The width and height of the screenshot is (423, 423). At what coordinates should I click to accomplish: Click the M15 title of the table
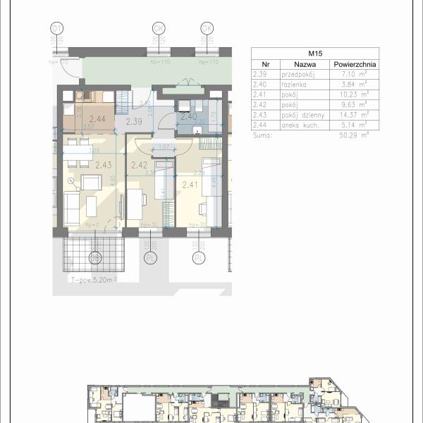point(314,53)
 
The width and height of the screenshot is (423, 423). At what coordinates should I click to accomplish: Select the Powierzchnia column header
point(354,63)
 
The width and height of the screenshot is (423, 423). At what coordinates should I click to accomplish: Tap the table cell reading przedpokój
point(296,73)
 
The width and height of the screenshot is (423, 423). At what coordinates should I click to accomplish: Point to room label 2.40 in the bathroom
point(188,117)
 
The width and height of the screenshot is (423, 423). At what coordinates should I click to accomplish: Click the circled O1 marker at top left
point(57,28)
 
